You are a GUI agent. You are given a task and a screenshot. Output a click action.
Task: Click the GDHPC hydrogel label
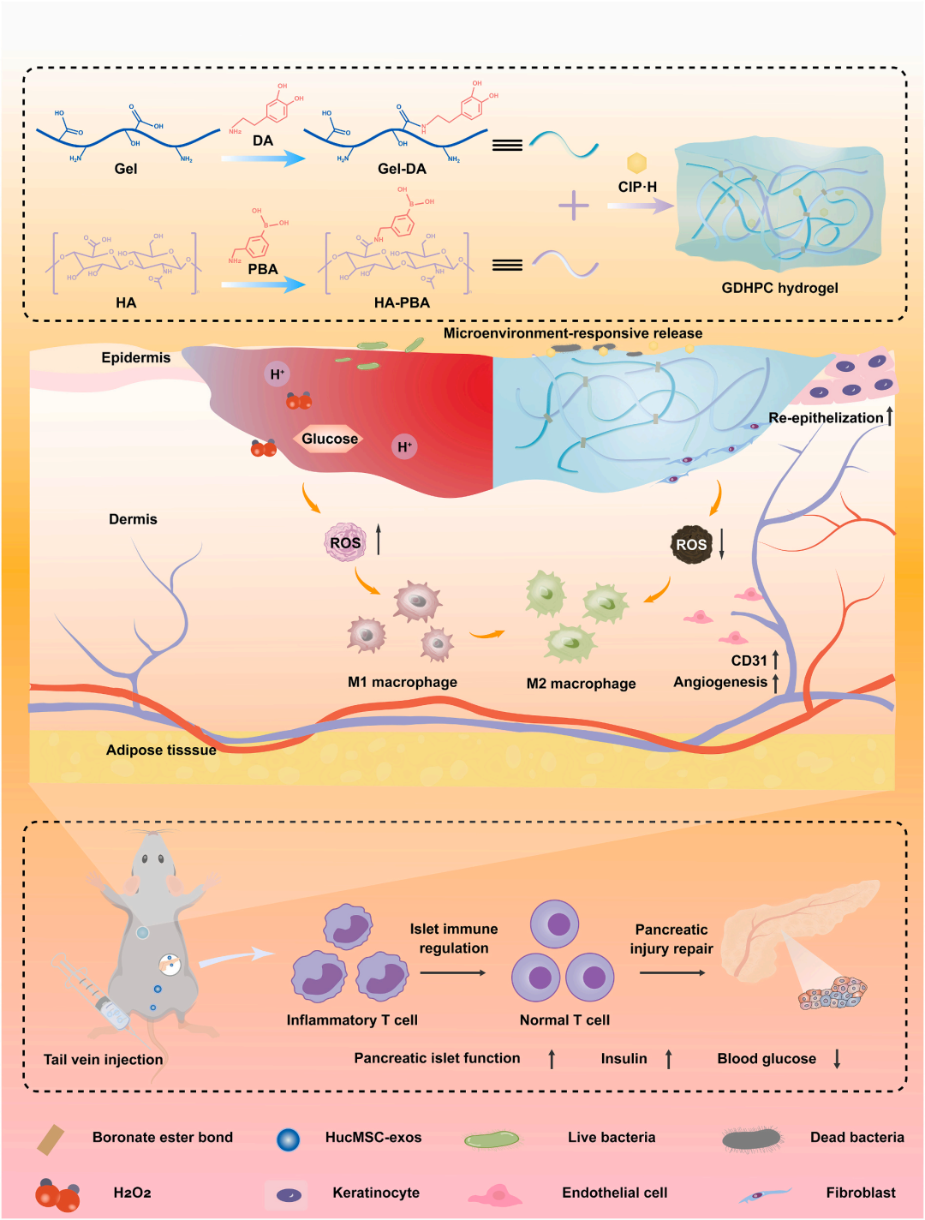click(779, 288)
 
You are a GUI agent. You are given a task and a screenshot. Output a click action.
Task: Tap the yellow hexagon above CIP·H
click(636, 163)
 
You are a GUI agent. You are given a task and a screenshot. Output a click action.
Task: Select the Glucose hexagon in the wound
click(330, 439)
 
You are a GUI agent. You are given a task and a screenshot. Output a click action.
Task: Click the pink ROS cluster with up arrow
click(345, 542)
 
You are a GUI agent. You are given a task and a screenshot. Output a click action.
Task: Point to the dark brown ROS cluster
click(691, 544)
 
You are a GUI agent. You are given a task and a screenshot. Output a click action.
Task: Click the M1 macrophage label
click(402, 682)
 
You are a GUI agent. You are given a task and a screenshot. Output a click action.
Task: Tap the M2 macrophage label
click(581, 684)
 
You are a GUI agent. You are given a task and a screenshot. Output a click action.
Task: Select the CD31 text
click(749, 661)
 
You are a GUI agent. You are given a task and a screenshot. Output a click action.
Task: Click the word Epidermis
click(135, 357)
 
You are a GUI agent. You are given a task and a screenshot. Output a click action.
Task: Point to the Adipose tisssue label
click(161, 750)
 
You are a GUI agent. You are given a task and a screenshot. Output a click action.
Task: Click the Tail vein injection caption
click(103, 1060)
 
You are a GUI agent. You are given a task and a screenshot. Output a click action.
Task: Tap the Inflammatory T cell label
click(352, 1020)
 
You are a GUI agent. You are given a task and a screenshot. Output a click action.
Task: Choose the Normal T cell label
click(564, 1020)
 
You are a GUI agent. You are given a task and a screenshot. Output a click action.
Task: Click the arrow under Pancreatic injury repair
click(672, 972)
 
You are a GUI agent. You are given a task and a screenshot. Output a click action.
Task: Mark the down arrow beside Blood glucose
click(837, 1059)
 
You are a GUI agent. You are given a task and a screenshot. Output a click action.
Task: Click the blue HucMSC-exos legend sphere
click(288, 1139)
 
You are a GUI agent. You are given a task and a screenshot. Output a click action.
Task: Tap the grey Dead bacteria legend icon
click(751, 1139)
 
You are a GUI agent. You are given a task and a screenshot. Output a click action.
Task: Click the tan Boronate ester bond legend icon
click(51, 1139)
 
